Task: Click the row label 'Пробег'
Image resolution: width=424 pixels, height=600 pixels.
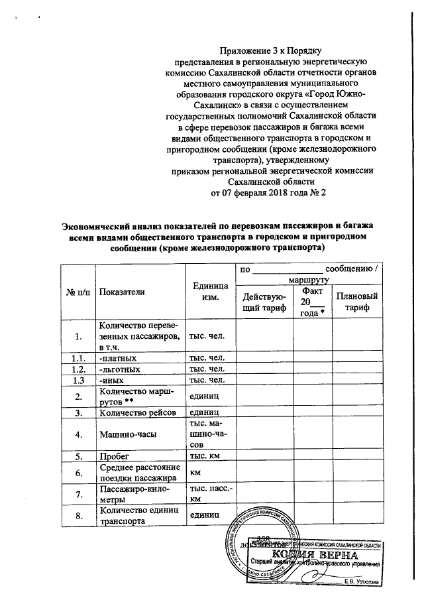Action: [113, 457]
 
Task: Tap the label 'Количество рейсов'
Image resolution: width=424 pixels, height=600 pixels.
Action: [138, 412]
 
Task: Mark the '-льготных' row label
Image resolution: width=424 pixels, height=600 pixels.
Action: [120, 369]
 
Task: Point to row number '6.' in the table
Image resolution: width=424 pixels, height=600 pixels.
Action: [78, 473]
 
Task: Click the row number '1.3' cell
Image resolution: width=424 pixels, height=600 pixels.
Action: [78, 380]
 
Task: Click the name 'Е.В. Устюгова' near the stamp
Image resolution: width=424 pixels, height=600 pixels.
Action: [362, 581]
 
